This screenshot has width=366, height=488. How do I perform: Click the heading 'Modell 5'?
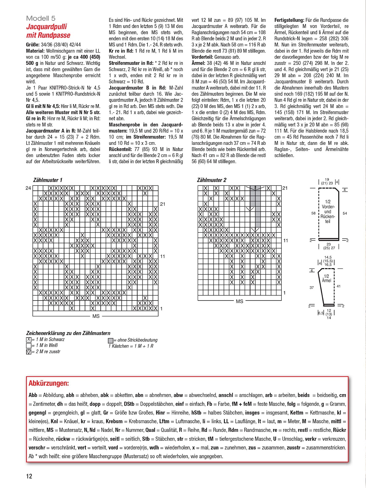(41, 19)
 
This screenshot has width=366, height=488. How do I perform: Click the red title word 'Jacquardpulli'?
(46, 27)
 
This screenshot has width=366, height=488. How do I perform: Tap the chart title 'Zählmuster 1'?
(48, 180)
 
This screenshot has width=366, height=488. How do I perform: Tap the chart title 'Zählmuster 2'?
(212, 180)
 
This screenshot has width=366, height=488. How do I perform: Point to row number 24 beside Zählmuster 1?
(28, 188)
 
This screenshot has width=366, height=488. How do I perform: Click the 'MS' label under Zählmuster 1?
(96, 316)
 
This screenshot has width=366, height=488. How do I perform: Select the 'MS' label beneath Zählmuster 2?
(239, 302)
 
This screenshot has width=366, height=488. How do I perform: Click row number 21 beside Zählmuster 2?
(285, 188)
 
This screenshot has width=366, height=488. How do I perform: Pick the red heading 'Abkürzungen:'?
(49, 384)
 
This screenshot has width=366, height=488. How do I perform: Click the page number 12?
(29, 476)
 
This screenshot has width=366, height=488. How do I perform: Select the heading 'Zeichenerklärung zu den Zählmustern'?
(68, 333)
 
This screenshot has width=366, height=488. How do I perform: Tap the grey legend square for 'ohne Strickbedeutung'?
(110, 341)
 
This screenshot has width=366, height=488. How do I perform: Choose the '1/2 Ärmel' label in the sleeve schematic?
(326, 278)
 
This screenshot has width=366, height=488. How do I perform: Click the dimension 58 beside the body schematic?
(313, 213)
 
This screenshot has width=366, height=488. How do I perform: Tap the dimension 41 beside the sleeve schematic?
(339, 286)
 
